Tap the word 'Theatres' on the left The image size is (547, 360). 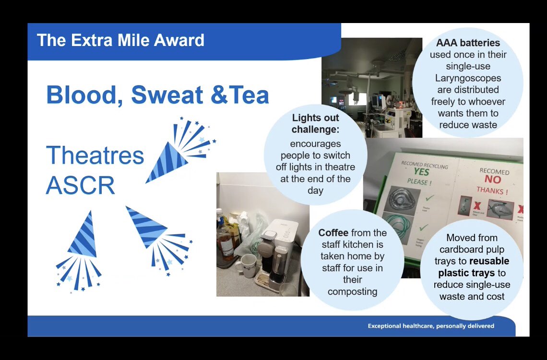click(x=95, y=156)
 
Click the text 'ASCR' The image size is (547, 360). click(x=80, y=185)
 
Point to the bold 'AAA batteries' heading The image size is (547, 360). click(x=468, y=43)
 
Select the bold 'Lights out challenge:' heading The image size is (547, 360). click(x=315, y=124)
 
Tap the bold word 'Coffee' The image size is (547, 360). click(x=333, y=233)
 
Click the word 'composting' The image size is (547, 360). click(x=352, y=291)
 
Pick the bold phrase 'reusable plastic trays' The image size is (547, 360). click(x=472, y=267)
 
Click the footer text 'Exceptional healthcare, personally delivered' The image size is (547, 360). click(x=431, y=326)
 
